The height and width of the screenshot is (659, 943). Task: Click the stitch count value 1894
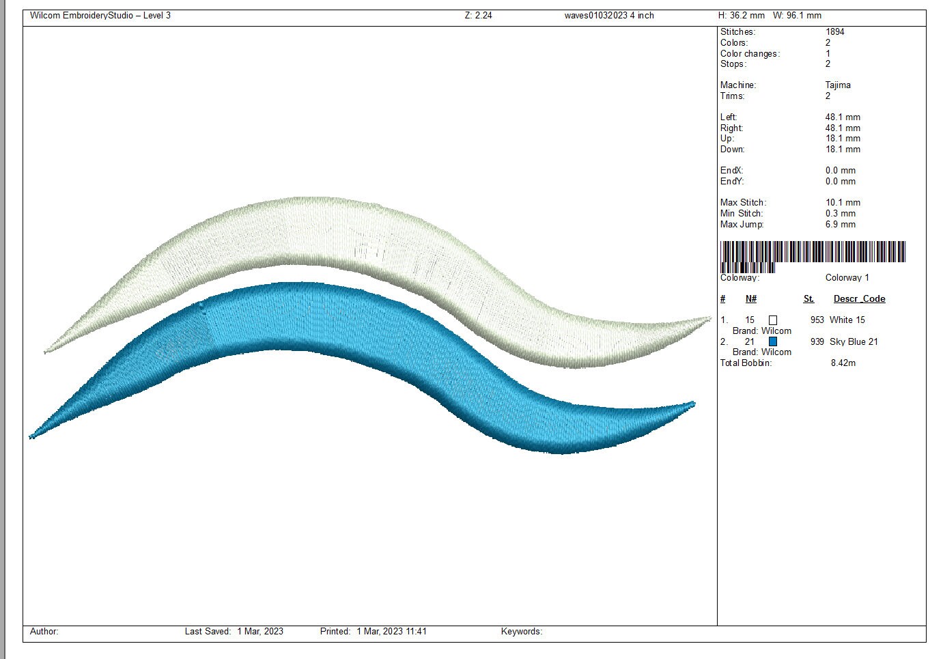(x=835, y=31)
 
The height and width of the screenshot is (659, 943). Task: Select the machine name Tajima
(x=838, y=85)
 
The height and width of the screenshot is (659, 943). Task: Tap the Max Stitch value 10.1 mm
(x=843, y=203)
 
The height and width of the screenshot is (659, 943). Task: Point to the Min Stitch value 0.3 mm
(x=841, y=214)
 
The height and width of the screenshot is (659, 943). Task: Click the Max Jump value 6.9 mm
(x=841, y=225)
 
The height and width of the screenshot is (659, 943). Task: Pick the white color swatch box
(x=773, y=320)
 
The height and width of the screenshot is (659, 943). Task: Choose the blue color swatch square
(x=773, y=341)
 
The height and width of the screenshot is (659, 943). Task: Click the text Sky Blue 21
(x=854, y=342)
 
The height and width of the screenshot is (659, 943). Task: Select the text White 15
(x=847, y=320)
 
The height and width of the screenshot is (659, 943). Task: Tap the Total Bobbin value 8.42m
(x=843, y=363)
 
